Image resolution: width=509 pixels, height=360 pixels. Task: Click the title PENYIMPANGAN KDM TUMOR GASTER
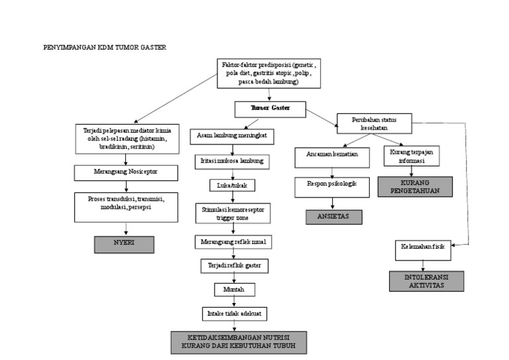105,48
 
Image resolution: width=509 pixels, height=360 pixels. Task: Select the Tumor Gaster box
270,107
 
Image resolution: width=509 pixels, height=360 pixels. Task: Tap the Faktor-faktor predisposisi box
268,73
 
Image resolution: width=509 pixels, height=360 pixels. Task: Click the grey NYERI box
124,243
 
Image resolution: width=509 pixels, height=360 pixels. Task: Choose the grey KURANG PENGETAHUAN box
416,186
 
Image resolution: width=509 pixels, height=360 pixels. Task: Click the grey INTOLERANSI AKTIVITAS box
425,281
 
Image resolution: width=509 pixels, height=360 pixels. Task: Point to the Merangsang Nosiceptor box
125,172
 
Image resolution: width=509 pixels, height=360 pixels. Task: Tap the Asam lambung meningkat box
231,136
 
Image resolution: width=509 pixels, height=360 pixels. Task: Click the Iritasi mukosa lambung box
231,161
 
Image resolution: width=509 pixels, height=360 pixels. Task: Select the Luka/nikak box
231,185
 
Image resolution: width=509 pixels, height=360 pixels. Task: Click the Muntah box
231,290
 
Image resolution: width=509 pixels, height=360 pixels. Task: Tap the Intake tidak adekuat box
231,313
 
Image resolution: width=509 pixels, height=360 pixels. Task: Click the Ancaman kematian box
332,154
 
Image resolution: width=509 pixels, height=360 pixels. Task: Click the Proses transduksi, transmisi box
125,206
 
